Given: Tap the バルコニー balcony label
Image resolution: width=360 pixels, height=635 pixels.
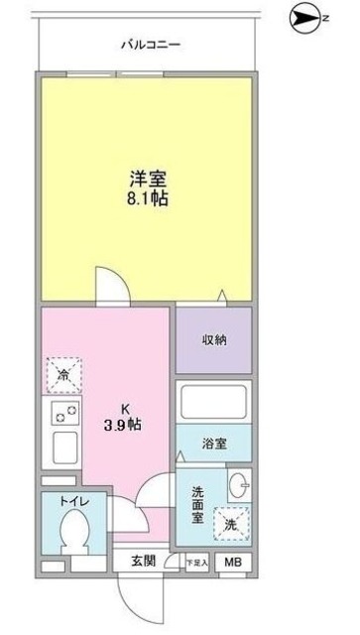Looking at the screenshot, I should pyautogui.click(x=150, y=46).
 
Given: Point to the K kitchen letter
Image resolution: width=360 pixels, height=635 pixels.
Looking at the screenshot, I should pyautogui.click(x=125, y=407).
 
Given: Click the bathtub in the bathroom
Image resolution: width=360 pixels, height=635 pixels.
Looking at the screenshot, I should pyautogui.click(x=215, y=403).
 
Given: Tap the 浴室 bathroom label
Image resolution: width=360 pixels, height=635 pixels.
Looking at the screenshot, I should pyautogui.click(x=214, y=443).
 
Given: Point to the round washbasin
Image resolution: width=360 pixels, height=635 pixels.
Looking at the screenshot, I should pyautogui.click(x=238, y=486).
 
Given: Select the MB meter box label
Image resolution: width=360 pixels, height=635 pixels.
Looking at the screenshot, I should pyautogui.click(x=232, y=563).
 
